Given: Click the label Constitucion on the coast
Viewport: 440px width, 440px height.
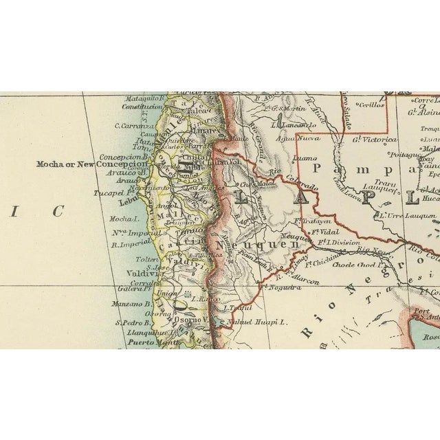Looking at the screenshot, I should pos(141,107).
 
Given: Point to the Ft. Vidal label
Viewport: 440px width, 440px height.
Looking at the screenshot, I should pos(319,232).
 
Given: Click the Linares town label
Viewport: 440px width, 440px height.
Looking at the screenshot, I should pos(190,129).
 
